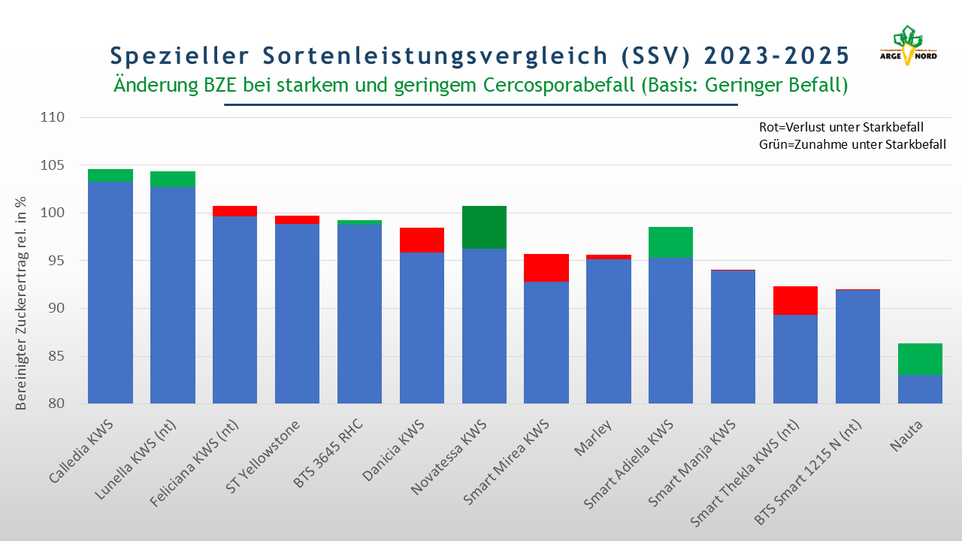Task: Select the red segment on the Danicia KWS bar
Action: pyautogui.click(x=422, y=240)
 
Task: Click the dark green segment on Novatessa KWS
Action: pyautogui.click(x=484, y=227)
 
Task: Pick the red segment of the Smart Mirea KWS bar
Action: pyautogui.click(x=546, y=267)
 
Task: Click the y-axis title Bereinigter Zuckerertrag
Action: pyautogui.click(x=22, y=302)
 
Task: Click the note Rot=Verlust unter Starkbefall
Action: pyautogui.click(x=842, y=127)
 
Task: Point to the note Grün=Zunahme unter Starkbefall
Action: pyautogui.click(x=852, y=144)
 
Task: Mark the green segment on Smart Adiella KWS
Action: pyautogui.click(x=671, y=242)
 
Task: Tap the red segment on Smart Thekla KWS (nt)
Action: pyautogui.click(x=795, y=301)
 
